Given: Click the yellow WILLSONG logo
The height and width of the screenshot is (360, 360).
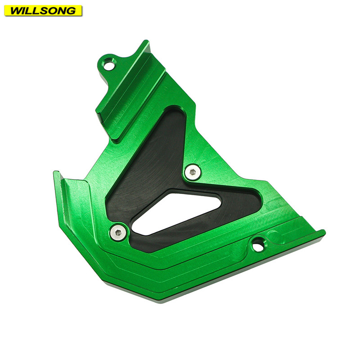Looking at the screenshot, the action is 43,10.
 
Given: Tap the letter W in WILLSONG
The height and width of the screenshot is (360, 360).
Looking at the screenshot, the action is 17,11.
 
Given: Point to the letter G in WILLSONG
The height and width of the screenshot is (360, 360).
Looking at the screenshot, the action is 71,11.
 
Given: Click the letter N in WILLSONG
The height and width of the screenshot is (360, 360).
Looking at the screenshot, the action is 62,11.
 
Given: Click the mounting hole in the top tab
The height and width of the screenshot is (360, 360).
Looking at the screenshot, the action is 108,64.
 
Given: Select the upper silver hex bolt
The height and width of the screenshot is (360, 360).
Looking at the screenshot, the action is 193,172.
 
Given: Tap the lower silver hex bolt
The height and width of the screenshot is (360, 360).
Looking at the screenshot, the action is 118,233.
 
